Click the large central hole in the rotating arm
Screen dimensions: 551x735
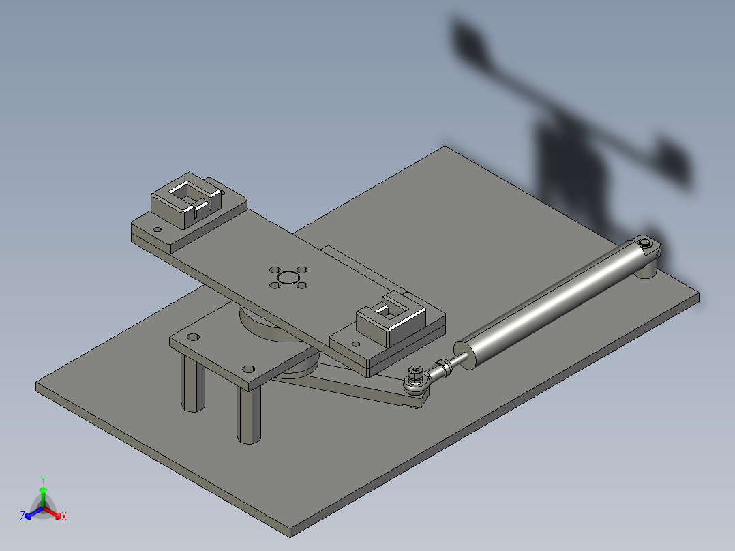point(288,278)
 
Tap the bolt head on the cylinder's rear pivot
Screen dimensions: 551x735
point(645,243)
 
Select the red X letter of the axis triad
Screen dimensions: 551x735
point(64,517)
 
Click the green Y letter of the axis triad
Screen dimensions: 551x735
point(42,479)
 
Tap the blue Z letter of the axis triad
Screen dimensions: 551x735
point(22,517)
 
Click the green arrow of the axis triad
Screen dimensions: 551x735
point(43,494)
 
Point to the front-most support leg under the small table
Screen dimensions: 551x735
point(248,416)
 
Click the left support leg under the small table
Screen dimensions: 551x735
point(193,385)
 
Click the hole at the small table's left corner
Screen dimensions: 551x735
point(194,337)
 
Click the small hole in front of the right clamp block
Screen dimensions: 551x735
point(355,344)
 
